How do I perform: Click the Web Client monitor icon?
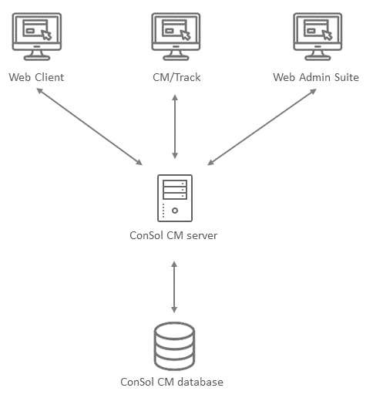click(37, 36)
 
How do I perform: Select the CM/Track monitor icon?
click(176, 36)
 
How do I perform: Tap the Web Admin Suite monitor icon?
click(318, 36)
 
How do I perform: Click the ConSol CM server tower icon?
click(175, 198)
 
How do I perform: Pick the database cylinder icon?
click(174, 346)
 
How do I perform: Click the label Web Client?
click(36, 77)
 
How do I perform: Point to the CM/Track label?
click(176, 77)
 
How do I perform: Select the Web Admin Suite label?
click(316, 77)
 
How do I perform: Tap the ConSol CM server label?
click(173, 235)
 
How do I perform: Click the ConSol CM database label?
click(172, 382)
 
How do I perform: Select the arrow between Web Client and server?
click(89, 126)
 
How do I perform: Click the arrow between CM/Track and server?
click(175, 126)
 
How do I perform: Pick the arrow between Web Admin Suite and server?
click(262, 126)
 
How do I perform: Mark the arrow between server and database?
click(174, 287)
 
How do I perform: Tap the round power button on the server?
click(175, 211)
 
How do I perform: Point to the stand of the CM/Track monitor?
click(176, 56)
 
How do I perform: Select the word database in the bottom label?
click(200, 382)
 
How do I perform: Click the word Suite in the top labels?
click(347, 77)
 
